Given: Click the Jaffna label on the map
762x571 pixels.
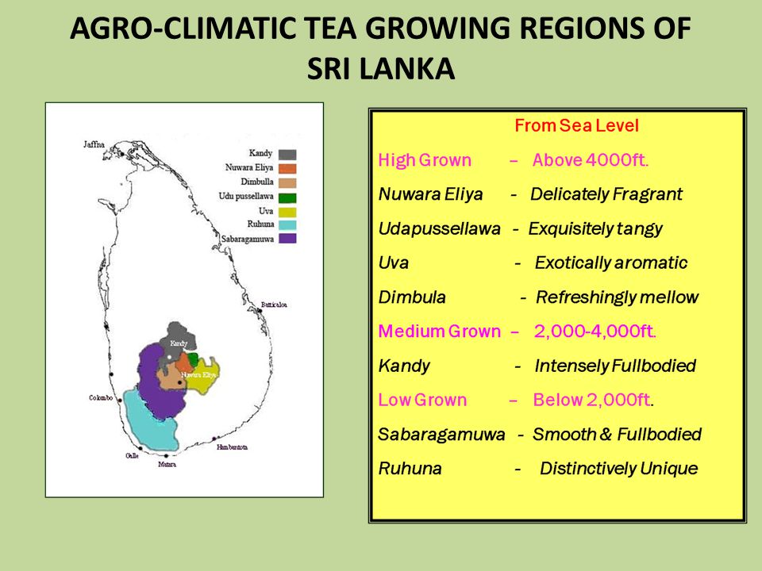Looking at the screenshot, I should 94,144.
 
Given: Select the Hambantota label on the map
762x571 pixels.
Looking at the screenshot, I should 232,447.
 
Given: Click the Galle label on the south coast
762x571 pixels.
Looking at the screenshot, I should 132,456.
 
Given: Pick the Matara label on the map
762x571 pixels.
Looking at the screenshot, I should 167,464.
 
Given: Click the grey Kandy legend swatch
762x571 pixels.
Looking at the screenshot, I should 287,154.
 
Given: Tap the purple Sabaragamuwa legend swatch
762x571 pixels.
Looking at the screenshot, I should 287,238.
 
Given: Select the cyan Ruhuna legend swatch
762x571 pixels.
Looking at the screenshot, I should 287,224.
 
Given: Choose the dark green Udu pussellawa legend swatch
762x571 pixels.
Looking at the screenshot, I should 287,197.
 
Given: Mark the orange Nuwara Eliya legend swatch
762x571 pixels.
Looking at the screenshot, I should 287,168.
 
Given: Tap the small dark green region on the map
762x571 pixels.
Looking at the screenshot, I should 193,358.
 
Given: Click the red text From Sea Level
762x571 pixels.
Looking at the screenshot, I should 576,126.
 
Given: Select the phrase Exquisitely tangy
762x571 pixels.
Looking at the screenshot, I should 595,229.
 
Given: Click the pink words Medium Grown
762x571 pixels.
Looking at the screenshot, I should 439,331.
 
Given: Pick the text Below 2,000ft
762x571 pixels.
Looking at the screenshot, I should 593,400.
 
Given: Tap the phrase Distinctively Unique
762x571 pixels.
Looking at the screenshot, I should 618,469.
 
